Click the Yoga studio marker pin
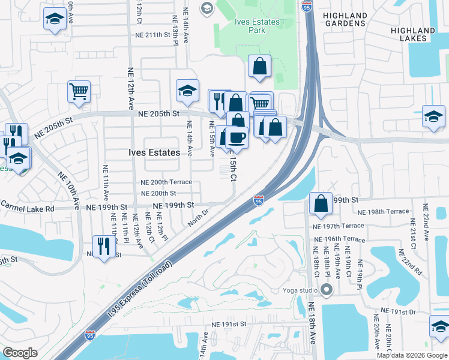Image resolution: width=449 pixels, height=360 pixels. tap(326, 290)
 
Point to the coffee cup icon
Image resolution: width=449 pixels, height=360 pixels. tap(237, 138)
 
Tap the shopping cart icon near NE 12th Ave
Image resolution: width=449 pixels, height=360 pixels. tap(79, 92)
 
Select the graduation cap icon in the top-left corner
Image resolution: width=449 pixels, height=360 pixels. tap(55, 18)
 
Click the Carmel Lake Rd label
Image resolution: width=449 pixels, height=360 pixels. tap(27, 208)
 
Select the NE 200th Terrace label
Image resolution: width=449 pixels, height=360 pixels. tap(166, 182)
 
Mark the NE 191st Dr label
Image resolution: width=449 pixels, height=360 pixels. tap(396, 312)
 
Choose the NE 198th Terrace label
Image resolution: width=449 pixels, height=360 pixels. tap(382, 212)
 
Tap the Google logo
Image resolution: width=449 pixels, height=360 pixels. tap(20, 353)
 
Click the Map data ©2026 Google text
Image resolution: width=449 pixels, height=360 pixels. tap(411, 355)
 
